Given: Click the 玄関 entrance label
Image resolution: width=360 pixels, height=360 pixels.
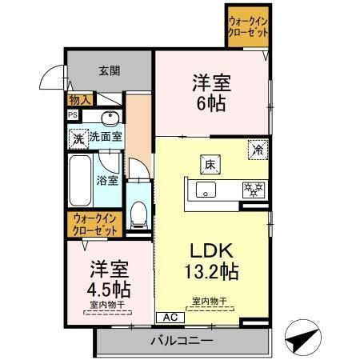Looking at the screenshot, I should click(x=110, y=70).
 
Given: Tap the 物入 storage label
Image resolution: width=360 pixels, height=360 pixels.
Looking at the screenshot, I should click(x=79, y=100).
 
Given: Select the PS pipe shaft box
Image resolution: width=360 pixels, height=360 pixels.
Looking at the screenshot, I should click(x=72, y=114).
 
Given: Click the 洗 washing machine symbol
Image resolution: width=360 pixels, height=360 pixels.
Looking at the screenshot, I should click(x=78, y=137).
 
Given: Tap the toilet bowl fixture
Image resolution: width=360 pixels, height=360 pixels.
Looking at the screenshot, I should click(x=139, y=212).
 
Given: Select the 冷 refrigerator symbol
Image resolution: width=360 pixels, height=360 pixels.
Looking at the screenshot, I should click(x=258, y=147).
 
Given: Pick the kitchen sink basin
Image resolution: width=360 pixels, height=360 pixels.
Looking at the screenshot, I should click(x=205, y=190).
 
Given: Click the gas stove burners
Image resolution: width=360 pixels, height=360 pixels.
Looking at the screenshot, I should click(x=254, y=190).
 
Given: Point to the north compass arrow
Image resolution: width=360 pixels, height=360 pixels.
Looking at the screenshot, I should click(x=303, y=338).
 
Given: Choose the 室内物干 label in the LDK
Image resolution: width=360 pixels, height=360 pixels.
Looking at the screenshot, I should click(x=209, y=301).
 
